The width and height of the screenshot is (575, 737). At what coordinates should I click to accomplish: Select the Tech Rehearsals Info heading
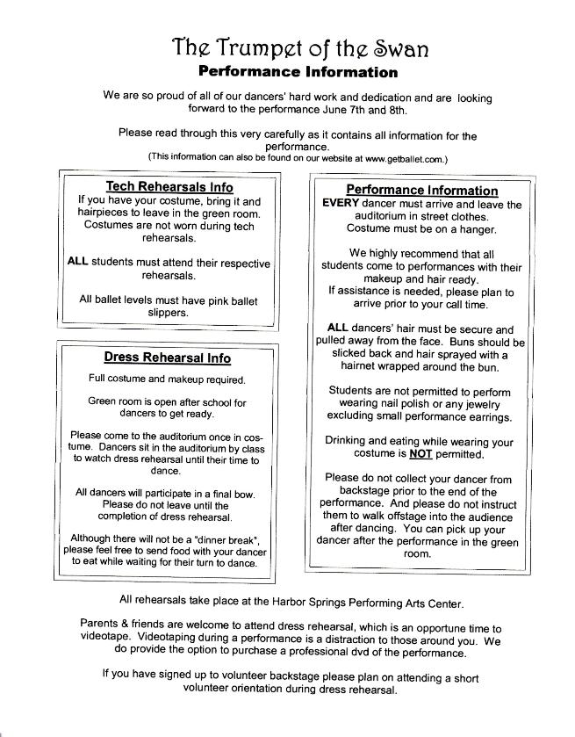169,186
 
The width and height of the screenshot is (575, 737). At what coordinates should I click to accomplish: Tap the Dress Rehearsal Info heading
167,358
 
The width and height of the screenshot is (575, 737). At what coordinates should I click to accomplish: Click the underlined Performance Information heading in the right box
421,190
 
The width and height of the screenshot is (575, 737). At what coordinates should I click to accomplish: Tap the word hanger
476,229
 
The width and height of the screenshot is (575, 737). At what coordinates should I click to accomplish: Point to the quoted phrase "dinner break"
227,538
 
